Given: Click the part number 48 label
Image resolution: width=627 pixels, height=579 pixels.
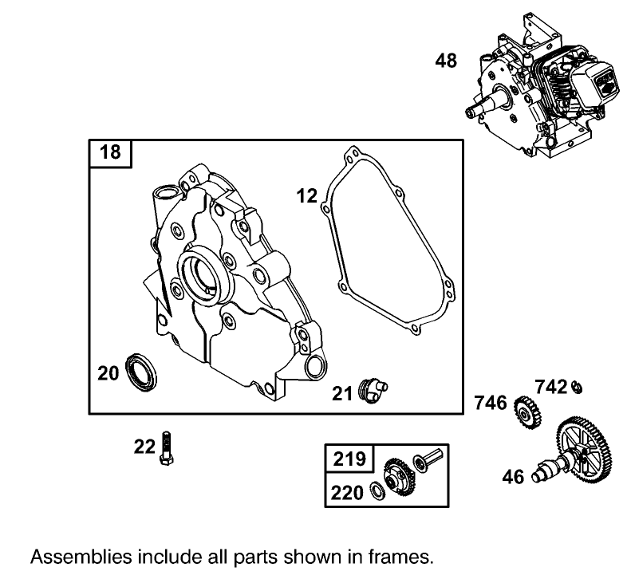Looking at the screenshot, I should [446, 60].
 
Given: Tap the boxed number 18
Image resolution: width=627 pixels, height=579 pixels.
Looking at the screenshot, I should [111, 152].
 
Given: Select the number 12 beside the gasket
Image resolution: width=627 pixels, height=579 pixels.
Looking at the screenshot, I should [307, 195].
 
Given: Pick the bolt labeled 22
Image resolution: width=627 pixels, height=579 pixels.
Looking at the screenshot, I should [168, 447].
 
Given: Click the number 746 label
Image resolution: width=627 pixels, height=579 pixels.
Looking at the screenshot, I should [491, 403].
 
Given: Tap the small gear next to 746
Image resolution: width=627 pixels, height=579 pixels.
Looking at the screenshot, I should [527, 411].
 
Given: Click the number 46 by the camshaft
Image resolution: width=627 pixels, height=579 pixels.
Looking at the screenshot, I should [514, 477].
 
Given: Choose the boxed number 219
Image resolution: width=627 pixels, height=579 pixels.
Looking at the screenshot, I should [349, 459].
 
